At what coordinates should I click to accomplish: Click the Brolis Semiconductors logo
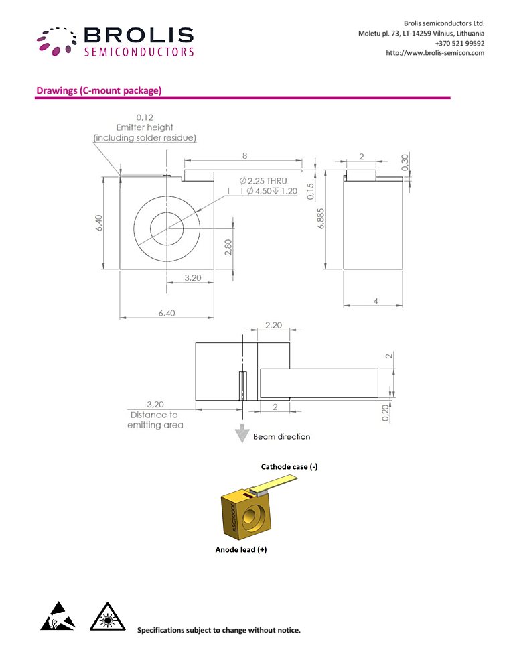click(x=115, y=42)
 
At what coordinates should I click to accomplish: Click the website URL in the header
click(x=435, y=53)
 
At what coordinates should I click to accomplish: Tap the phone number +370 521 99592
click(x=459, y=43)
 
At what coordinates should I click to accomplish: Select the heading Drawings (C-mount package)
click(x=99, y=90)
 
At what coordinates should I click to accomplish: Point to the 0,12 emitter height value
click(x=145, y=117)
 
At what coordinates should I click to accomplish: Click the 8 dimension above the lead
click(x=244, y=155)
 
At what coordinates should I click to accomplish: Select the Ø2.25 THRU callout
click(x=263, y=181)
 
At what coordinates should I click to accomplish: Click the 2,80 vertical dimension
click(x=228, y=247)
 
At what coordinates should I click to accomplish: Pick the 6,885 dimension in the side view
click(x=320, y=218)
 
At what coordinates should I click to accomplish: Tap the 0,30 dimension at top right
click(x=405, y=162)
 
